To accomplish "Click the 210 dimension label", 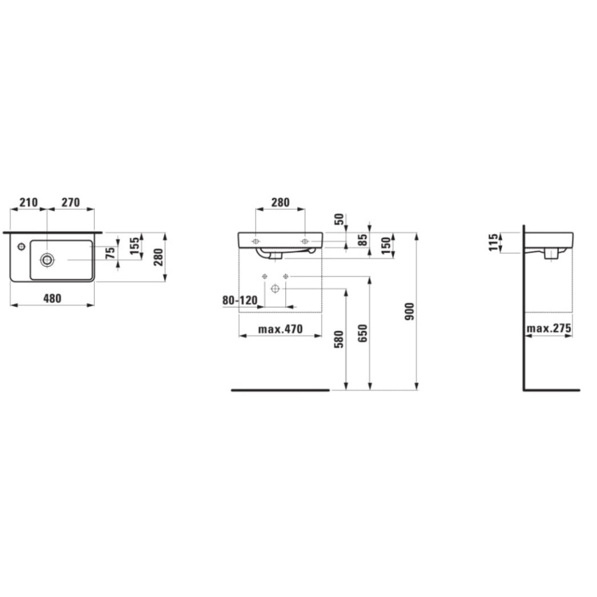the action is pyautogui.click(x=29, y=202).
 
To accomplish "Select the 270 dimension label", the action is pyautogui.click(x=71, y=202).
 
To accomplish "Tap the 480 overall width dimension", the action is pyautogui.click(x=52, y=298).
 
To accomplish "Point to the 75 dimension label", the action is pyautogui.click(x=110, y=253).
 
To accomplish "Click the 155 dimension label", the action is pyautogui.click(x=134, y=247).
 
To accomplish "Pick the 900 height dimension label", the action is pyautogui.click(x=410, y=311).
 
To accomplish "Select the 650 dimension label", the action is pyautogui.click(x=363, y=333).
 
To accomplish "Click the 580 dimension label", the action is pyautogui.click(x=339, y=339).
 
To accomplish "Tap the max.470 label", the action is pyautogui.click(x=280, y=329).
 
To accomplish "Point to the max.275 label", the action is pyautogui.click(x=549, y=328).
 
